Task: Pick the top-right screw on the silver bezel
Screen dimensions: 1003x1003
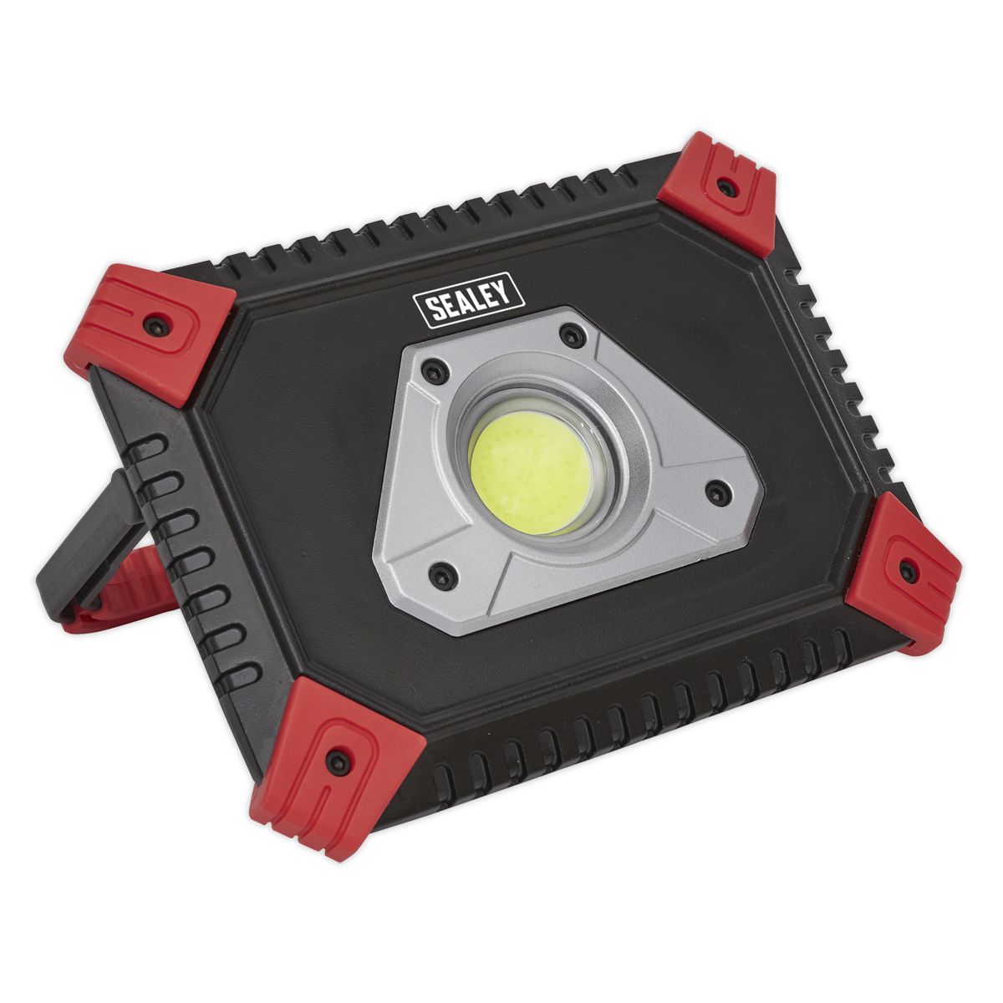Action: pyautogui.click(x=572, y=337)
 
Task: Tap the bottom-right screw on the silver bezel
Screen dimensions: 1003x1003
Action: pyautogui.click(x=715, y=492)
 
